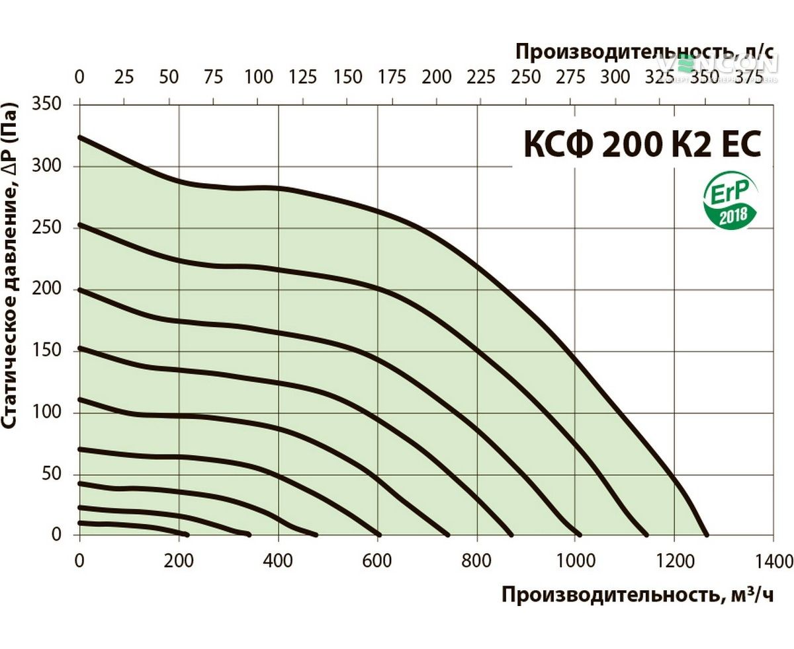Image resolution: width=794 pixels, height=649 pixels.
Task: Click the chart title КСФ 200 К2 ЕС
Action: coord(642,144)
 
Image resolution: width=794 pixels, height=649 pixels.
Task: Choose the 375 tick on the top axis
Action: coord(749,77)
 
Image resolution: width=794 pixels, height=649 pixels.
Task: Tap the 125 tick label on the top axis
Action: coord(303,77)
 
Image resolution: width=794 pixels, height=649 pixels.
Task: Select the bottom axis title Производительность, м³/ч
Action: coord(637,595)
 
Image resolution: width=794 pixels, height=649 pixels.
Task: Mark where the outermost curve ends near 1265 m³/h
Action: coord(706,535)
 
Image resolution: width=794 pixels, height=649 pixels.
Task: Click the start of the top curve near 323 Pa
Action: coord(81,137)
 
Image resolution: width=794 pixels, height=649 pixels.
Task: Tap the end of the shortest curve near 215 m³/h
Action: coord(187,534)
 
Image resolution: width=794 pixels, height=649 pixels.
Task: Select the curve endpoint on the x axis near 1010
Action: coord(580,534)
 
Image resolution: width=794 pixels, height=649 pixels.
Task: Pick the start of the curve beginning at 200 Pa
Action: coord(81,289)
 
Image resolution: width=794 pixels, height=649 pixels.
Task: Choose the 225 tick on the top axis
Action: coord(481,77)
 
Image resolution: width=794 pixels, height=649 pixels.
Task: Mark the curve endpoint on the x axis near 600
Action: coord(378,534)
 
